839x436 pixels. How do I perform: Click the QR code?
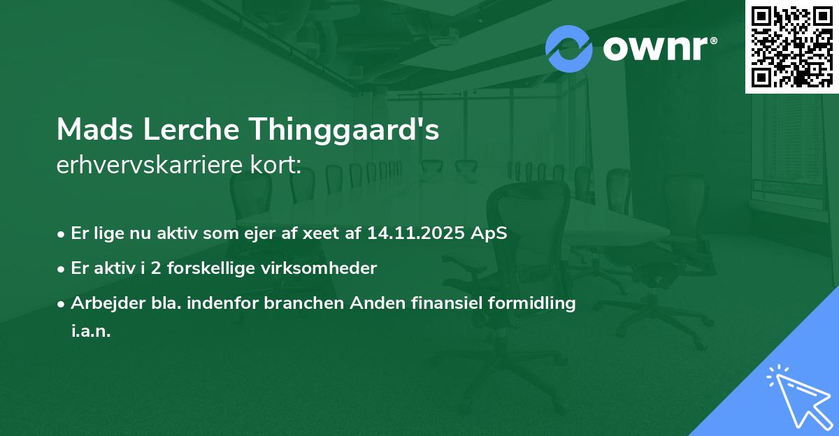point(792,47)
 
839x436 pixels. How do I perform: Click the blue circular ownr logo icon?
point(569,49)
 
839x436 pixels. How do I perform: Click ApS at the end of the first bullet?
point(488,233)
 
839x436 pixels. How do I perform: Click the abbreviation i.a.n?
point(91,331)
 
